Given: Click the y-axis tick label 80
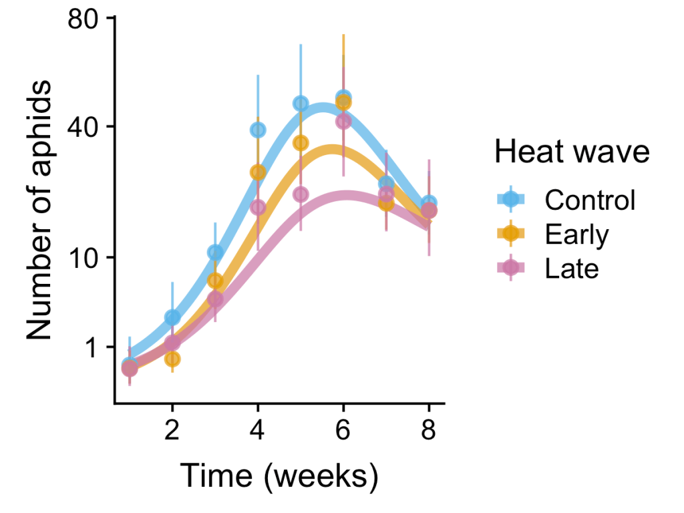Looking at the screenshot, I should click(84, 17).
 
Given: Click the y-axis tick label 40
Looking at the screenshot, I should click(84, 126).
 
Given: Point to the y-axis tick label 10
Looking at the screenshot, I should click(85, 257).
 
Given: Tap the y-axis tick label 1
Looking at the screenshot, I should click(92, 347).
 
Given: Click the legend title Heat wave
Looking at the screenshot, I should click(572, 152).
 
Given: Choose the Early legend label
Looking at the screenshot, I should click(577, 234).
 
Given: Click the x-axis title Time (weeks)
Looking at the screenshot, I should click(279, 477).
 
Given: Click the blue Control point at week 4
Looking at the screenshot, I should click(258, 130).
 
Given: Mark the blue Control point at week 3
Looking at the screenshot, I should click(215, 252).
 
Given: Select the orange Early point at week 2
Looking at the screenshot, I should click(172, 359).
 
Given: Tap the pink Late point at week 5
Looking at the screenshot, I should click(301, 194).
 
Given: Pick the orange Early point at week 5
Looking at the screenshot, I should click(301, 143).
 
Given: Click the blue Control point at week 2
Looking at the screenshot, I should click(172, 317).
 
